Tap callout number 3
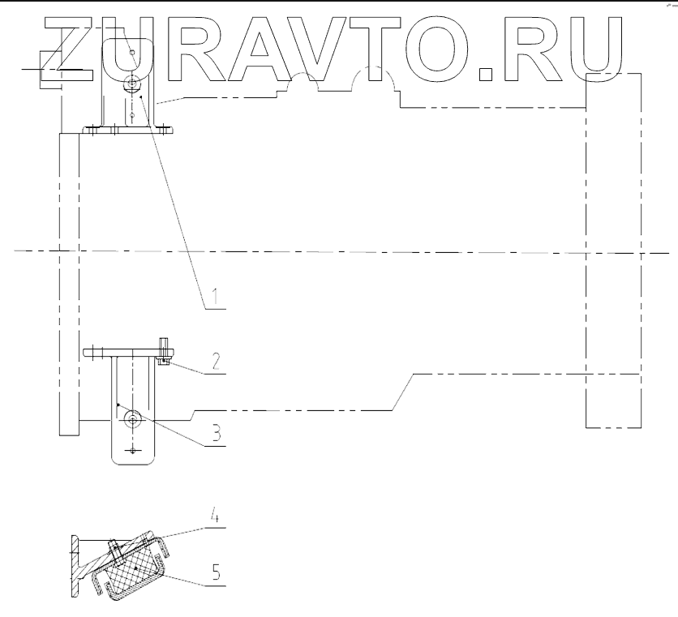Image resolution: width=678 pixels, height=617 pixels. (x=216, y=433)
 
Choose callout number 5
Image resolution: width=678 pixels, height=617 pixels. (x=215, y=572)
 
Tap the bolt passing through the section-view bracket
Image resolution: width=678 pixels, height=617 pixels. (x=114, y=551)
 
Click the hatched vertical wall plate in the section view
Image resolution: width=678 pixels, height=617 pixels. (x=75, y=568)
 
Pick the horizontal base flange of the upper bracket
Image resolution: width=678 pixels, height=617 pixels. (x=130, y=127)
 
